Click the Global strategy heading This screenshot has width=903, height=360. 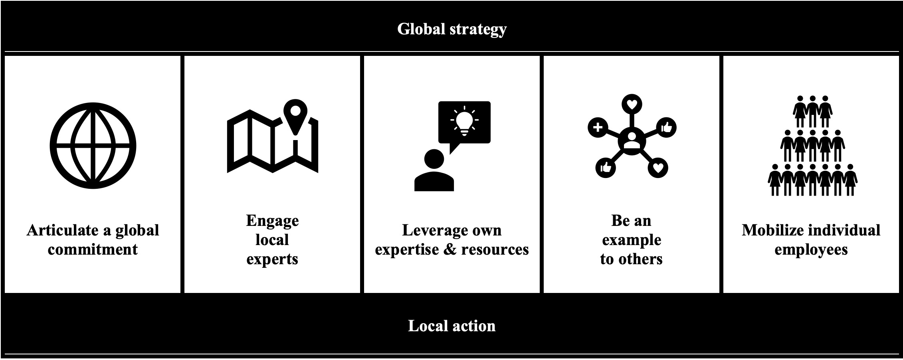(451, 29)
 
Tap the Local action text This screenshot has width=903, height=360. (451, 326)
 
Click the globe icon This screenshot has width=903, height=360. (93, 145)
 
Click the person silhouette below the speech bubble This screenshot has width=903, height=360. (434, 171)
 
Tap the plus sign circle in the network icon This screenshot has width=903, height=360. (598, 128)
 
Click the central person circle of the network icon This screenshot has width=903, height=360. (631, 140)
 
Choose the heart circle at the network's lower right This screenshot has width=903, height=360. (658, 168)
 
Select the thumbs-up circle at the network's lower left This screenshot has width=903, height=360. (606, 167)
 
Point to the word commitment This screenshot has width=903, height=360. (93, 250)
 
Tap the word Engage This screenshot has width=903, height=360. (272, 221)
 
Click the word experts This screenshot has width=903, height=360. (272, 259)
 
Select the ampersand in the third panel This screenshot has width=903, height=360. (450, 250)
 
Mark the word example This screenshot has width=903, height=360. (632, 240)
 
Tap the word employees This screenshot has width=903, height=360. (811, 250)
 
